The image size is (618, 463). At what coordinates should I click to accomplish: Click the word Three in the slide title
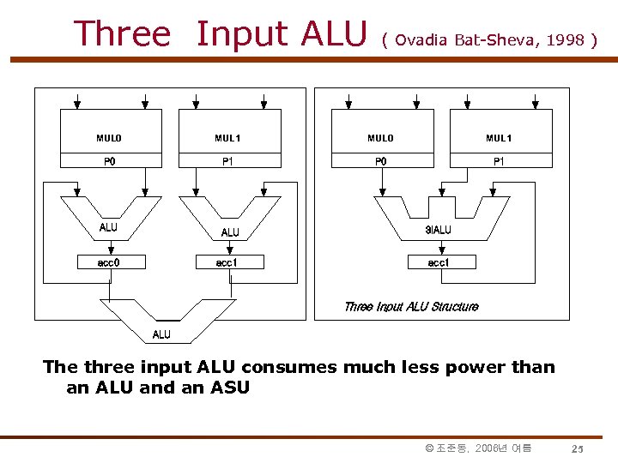pyautogui.click(x=123, y=33)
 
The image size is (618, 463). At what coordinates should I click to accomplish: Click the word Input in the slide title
pyautogui.click(x=242, y=34)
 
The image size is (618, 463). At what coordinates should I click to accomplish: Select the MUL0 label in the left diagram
pyautogui.click(x=109, y=138)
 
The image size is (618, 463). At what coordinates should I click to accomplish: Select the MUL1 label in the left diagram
pyautogui.click(x=227, y=138)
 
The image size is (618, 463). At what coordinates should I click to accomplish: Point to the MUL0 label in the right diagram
pyautogui.click(x=380, y=138)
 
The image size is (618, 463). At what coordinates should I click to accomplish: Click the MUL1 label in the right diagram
pyautogui.click(x=499, y=138)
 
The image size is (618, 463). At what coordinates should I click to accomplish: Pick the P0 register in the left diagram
pyautogui.click(x=110, y=160)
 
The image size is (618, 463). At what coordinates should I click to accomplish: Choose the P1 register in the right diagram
pyautogui.click(x=499, y=160)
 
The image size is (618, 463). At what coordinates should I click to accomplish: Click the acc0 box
pyautogui.click(x=109, y=262)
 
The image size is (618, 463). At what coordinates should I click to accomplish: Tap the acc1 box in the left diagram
pyautogui.click(x=227, y=262)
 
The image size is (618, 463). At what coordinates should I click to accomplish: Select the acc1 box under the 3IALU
pyautogui.click(x=438, y=262)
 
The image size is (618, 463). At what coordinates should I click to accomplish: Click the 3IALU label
pyautogui.click(x=438, y=230)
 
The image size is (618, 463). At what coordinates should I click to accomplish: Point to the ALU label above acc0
pyautogui.click(x=109, y=227)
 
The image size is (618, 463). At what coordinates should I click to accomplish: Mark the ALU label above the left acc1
pyautogui.click(x=230, y=232)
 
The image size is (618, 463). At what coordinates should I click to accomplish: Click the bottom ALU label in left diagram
pyautogui.click(x=161, y=334)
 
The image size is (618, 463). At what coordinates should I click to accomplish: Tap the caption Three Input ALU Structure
pyautogui.click(x=411, y=306)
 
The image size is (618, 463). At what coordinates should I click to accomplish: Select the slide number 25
pyautogui.click(x=578, y=449)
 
